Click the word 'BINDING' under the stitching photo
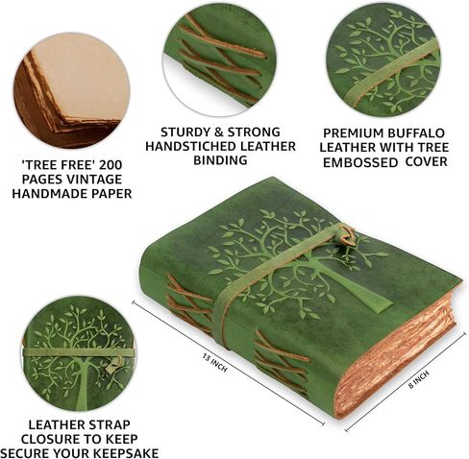[x=217, y=160]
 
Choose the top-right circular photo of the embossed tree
[x=382, y=60]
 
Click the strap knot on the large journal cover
[x=343, y=236]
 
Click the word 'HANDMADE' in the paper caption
[x=45, y=193]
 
